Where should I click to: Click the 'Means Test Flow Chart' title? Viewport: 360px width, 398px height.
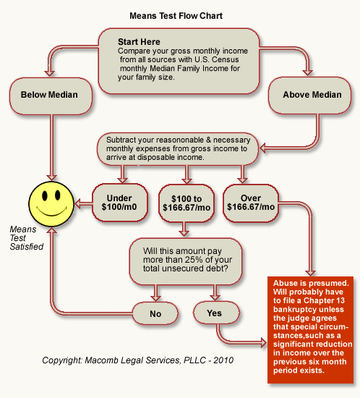176,16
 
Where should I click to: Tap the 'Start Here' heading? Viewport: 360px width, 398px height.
139,42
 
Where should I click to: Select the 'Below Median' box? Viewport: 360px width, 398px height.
51,96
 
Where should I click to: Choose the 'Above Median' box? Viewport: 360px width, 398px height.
309,96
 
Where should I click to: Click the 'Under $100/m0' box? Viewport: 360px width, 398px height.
120,203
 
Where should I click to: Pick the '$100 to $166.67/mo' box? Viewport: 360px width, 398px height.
187,203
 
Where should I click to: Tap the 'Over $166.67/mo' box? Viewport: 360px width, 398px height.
251,203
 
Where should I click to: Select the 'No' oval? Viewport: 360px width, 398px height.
155,313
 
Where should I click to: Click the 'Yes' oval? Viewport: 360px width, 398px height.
216,313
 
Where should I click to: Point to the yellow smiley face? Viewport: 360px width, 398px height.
51,204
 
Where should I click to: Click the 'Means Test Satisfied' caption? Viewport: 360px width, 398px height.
26,238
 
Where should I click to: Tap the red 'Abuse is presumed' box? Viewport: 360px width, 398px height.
310,330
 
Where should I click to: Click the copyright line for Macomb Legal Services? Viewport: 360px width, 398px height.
137,360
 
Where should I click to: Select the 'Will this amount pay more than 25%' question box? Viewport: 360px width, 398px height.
186,261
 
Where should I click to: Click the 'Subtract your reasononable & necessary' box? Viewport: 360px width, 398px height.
178,149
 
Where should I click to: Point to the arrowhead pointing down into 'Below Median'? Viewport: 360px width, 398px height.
50,73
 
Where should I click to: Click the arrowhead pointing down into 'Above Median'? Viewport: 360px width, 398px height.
307,72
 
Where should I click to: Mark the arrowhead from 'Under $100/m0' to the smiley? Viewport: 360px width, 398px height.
77,204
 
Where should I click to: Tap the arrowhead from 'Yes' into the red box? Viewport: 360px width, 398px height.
264,343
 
